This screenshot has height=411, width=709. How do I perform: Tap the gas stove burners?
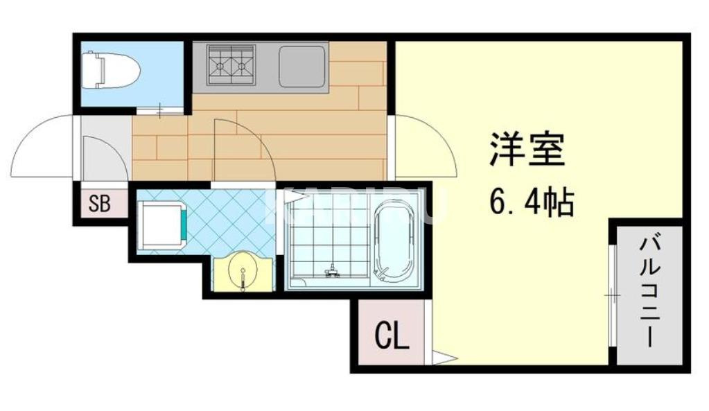pyautogui.click(x=231, y=65)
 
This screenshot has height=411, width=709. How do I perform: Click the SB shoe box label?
pyautogui.click(x=100, y=204)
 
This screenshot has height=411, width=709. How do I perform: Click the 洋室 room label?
pyautogui.click(x=527, y=149)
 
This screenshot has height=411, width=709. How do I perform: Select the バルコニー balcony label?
pyautogui.click(x=649, y=292)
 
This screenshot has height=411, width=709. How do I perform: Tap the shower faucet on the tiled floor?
pyautogui.click(x=333, y=270)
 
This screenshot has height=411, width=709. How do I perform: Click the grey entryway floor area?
pyautogui.click(x=104, y=149)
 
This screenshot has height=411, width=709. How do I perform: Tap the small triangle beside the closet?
pyautogui.click(x=444, y=358)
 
